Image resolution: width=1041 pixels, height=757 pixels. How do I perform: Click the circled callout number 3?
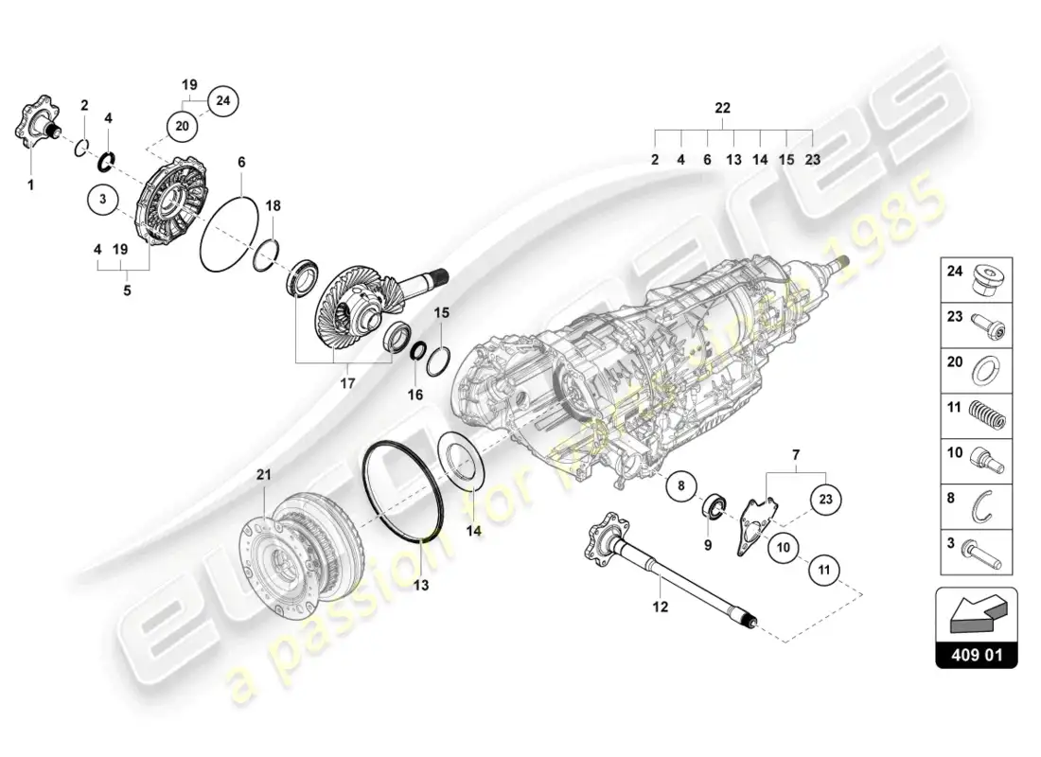tap(104, 202)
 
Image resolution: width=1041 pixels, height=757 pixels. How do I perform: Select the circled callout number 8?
tap(679, 487)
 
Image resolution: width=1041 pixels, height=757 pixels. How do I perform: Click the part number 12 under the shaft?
tap(661, 607)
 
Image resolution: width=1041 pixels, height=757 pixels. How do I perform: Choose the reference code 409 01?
tap(976, 654)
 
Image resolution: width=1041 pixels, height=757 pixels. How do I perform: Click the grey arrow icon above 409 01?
tap(975, 616)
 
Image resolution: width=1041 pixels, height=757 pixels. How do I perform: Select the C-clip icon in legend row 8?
tap(987, 507)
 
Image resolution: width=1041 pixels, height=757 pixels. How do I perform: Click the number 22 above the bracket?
tap(723, 109)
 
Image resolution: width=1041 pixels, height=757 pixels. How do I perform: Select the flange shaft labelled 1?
tap(38, 126)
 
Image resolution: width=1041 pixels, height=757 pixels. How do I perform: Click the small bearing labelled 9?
tap(715, 505)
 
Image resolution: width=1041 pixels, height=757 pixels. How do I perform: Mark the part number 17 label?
tap(345, 384)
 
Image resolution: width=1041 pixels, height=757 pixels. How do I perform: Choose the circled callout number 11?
tap(822, 570)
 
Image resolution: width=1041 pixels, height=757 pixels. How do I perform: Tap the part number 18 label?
tap(273, 205)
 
